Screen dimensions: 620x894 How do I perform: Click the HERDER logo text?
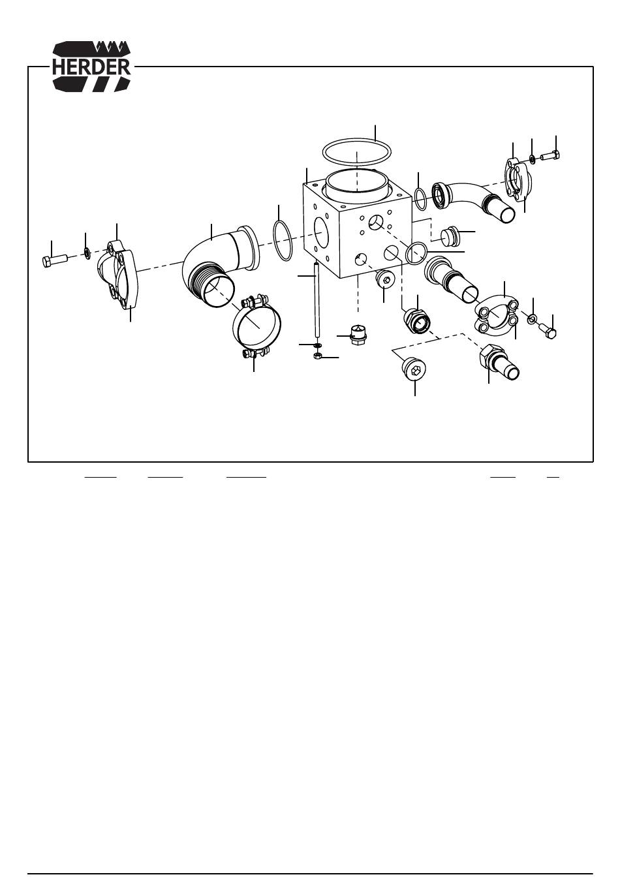(x=91, y=67)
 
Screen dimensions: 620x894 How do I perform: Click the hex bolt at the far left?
(x=55, y=260)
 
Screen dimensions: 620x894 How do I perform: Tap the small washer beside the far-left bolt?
(x=87, y=253)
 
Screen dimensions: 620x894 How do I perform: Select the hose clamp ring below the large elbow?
(x=256, y=326)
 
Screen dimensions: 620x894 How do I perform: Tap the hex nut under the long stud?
(x=318, y=355)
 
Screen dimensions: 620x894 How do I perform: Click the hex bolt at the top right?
(x=551, y=155)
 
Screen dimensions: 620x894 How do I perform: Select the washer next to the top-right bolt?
(x=533, y=159)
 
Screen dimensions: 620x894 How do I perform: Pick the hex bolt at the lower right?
(x=548, y=330)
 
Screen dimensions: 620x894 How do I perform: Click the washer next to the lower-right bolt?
(x=532, y=318)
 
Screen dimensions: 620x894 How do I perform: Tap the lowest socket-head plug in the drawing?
(x=414, y=369)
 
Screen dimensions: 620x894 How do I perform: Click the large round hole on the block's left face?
(x=321, y=233)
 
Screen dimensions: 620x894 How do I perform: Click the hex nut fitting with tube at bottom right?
(x=498, y=362)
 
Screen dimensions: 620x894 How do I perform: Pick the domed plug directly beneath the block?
(x=358, y=334)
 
